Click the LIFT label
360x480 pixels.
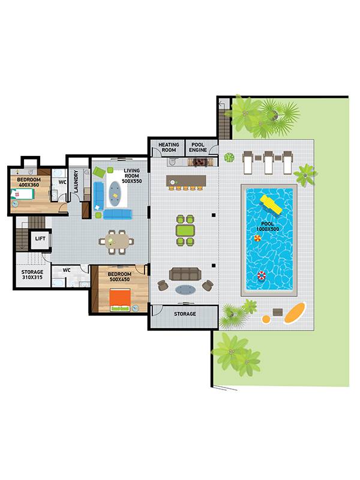40,238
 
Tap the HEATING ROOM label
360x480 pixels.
169,147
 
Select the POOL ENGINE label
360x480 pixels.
198,147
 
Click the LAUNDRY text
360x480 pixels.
76,181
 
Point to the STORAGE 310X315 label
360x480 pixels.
32,275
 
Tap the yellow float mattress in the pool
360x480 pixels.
271,205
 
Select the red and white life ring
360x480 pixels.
261,275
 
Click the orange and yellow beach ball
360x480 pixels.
257,238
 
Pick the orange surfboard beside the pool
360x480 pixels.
295,313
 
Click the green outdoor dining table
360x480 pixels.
185,230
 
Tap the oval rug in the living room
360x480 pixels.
115,193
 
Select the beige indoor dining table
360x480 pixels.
116,242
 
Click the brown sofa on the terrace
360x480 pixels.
185,274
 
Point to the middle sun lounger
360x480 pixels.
268,163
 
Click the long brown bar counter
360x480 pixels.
186,181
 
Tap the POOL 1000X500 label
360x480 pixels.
268,227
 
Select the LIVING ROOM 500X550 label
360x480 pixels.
132,176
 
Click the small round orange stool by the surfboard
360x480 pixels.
266,319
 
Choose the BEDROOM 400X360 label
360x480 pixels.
29,182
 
